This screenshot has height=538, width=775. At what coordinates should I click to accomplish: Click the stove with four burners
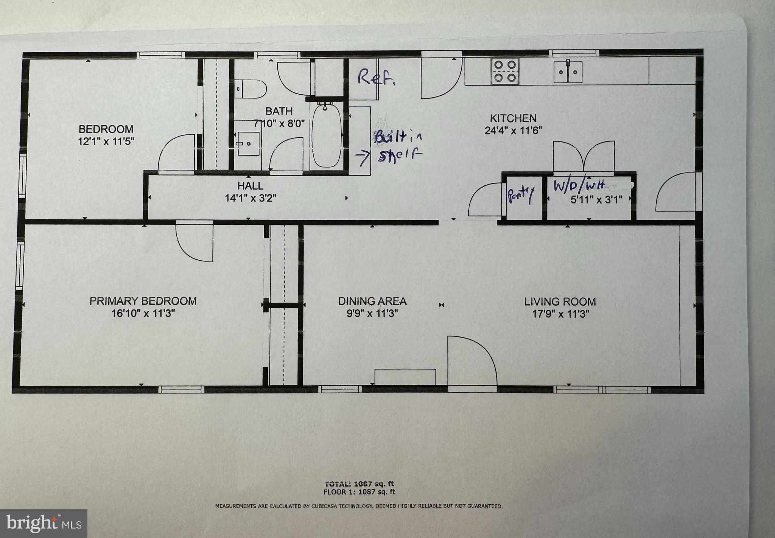[x=505, y=72]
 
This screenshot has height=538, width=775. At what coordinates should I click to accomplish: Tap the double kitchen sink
[x=568, y=72]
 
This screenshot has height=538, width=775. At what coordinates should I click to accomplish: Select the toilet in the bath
[x=251, y=89]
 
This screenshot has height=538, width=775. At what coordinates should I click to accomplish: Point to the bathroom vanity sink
[x=248, y=144]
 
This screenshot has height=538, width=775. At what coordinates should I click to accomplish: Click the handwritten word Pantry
[x=520, y=195]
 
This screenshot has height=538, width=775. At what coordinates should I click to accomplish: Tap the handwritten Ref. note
[x=376, y=78]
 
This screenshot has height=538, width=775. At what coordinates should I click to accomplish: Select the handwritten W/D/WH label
[x=579, y=186]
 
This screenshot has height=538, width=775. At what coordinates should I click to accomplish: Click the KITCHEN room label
[x=513, y=118]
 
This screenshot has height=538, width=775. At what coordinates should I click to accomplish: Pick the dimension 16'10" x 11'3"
[x=143, y=313]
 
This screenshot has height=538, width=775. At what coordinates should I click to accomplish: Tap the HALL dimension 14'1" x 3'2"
[x=251, y=198]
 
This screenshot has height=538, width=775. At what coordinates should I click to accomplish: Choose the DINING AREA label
[x=372, y=301]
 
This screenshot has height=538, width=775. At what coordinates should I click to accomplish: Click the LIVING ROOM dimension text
[x=560, y=314]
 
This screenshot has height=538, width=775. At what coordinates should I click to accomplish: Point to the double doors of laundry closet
[x=584, y=156]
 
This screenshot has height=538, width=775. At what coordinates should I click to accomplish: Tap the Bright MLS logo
[x=44, y=523]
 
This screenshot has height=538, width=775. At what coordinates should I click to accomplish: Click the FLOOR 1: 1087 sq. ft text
[x=359, y=492]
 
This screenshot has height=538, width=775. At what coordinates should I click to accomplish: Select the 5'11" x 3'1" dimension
[x=596, y=199]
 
